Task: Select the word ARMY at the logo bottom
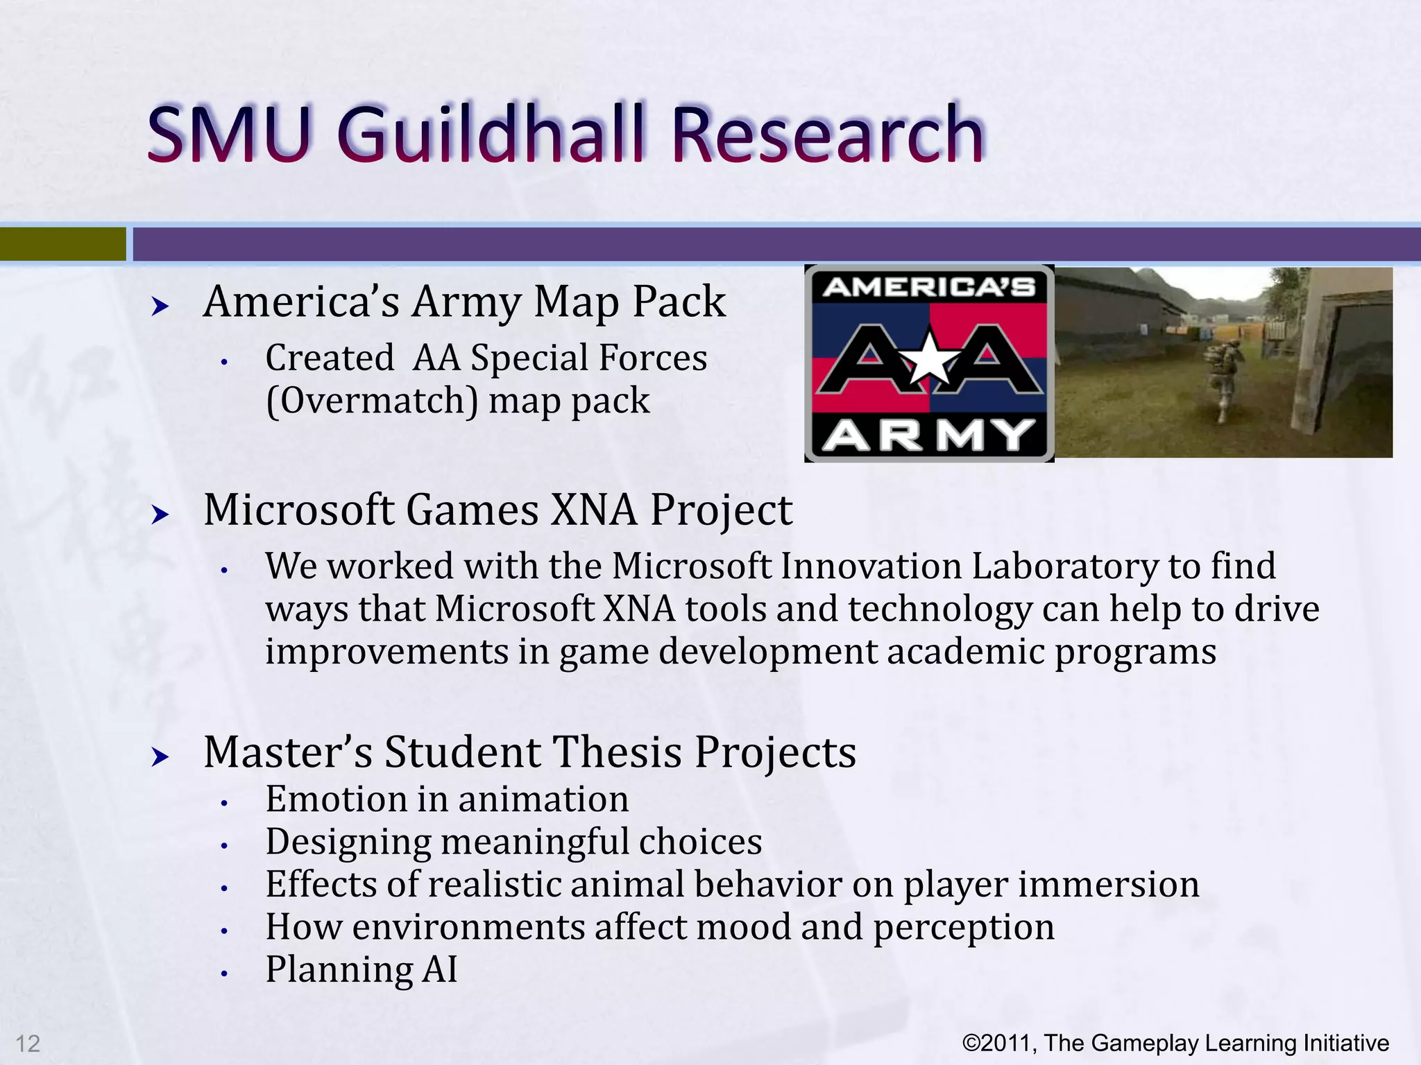[928, 435]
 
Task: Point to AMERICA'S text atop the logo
[928, 286]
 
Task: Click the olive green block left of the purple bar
[62, 244]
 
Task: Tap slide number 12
[28, 1044]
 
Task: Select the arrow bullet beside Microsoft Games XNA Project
[160, 514]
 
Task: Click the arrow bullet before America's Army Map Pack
[160, 306]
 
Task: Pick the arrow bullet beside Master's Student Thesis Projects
[160, 756]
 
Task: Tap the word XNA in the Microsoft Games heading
[594, 510]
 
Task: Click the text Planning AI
[361, 969]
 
